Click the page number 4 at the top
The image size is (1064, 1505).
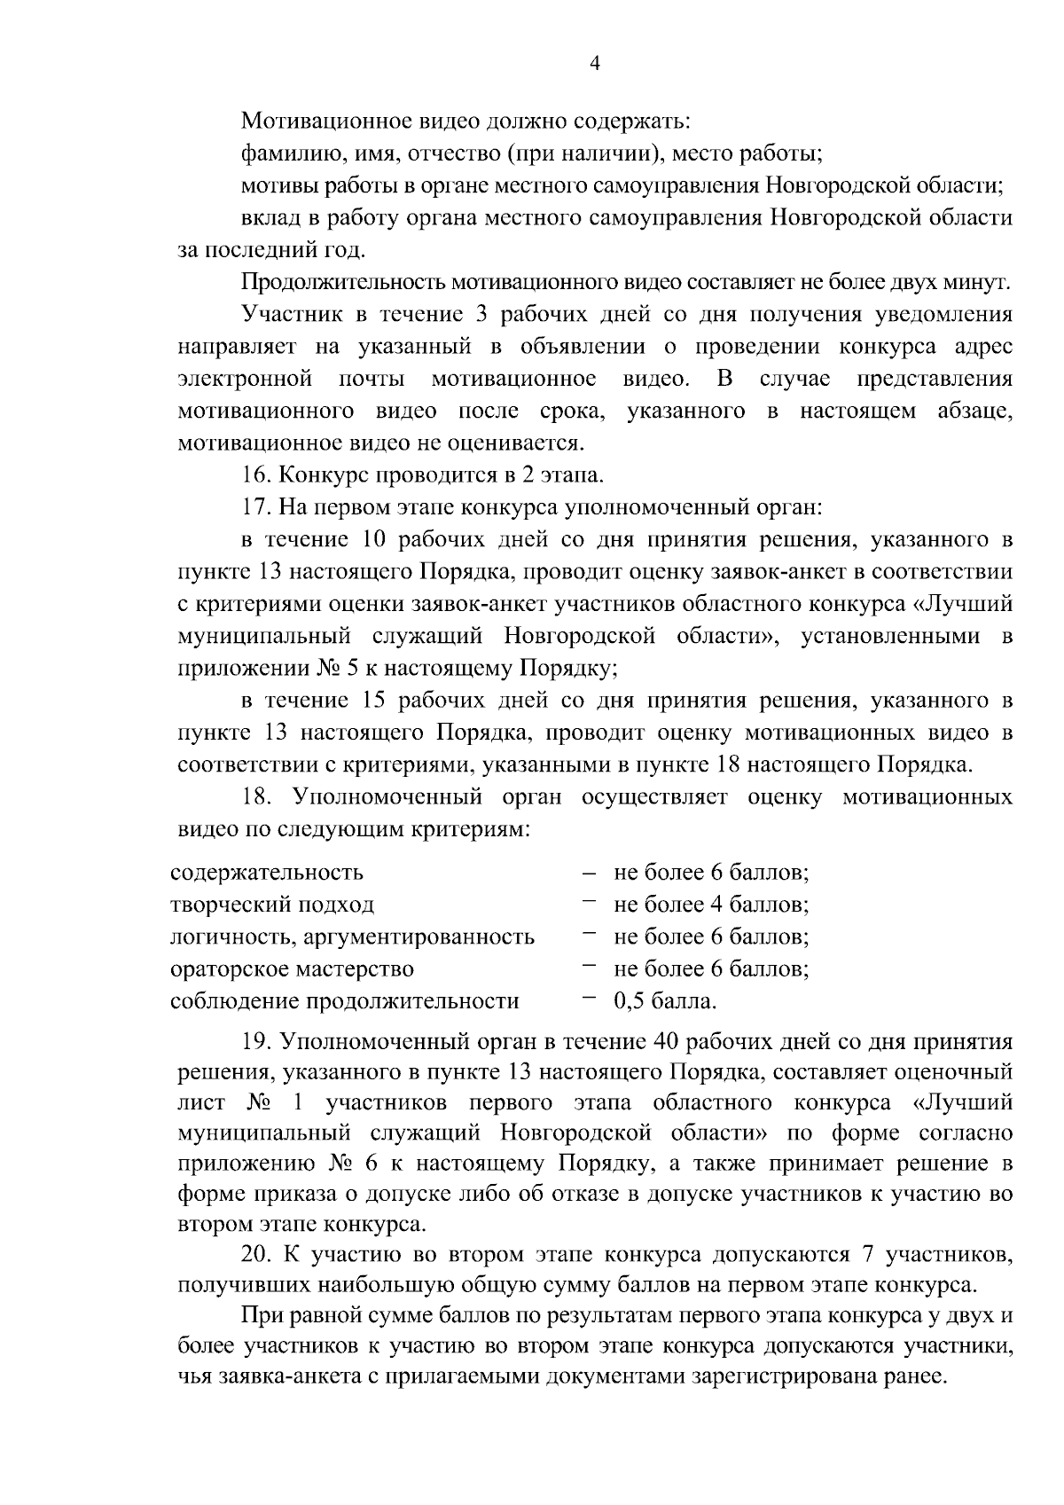595,63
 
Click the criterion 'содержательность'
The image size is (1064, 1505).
267,872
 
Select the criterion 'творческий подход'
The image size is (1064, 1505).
272,905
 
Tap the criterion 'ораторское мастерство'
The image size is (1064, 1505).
292,968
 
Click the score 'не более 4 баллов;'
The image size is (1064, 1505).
710,905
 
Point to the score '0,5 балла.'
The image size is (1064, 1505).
664,1001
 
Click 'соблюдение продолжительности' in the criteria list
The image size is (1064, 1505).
344,1001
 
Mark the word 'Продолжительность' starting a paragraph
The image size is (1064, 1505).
344,283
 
